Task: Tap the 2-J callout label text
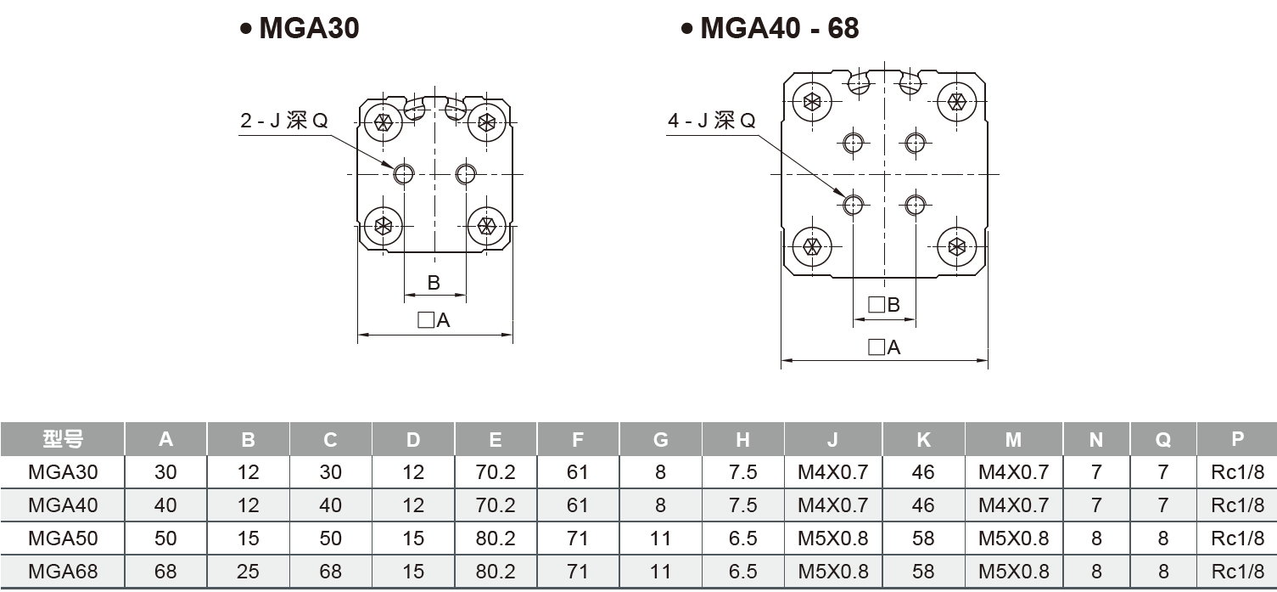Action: (283, 121)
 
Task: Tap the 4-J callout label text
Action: (711, 121)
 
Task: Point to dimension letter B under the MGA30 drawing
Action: (434, 283)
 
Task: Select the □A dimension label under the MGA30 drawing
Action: (434, 320)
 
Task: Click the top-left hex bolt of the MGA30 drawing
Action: (383, 121)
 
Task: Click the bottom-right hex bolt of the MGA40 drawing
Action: (957, 247)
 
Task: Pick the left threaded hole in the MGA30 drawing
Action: (404, 174)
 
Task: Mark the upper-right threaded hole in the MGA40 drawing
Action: (915, 143)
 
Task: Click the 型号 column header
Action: (63, 439)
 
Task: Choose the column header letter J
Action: (832, 439)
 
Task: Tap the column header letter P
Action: (1237, 439)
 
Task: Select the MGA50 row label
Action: (63, 538)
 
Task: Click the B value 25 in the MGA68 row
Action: (248, 572)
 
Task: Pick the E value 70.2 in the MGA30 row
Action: (496, 472)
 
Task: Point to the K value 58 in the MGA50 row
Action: (923, 538)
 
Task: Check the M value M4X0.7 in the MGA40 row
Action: (1014, 505)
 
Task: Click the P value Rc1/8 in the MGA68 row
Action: (1237, 572)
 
